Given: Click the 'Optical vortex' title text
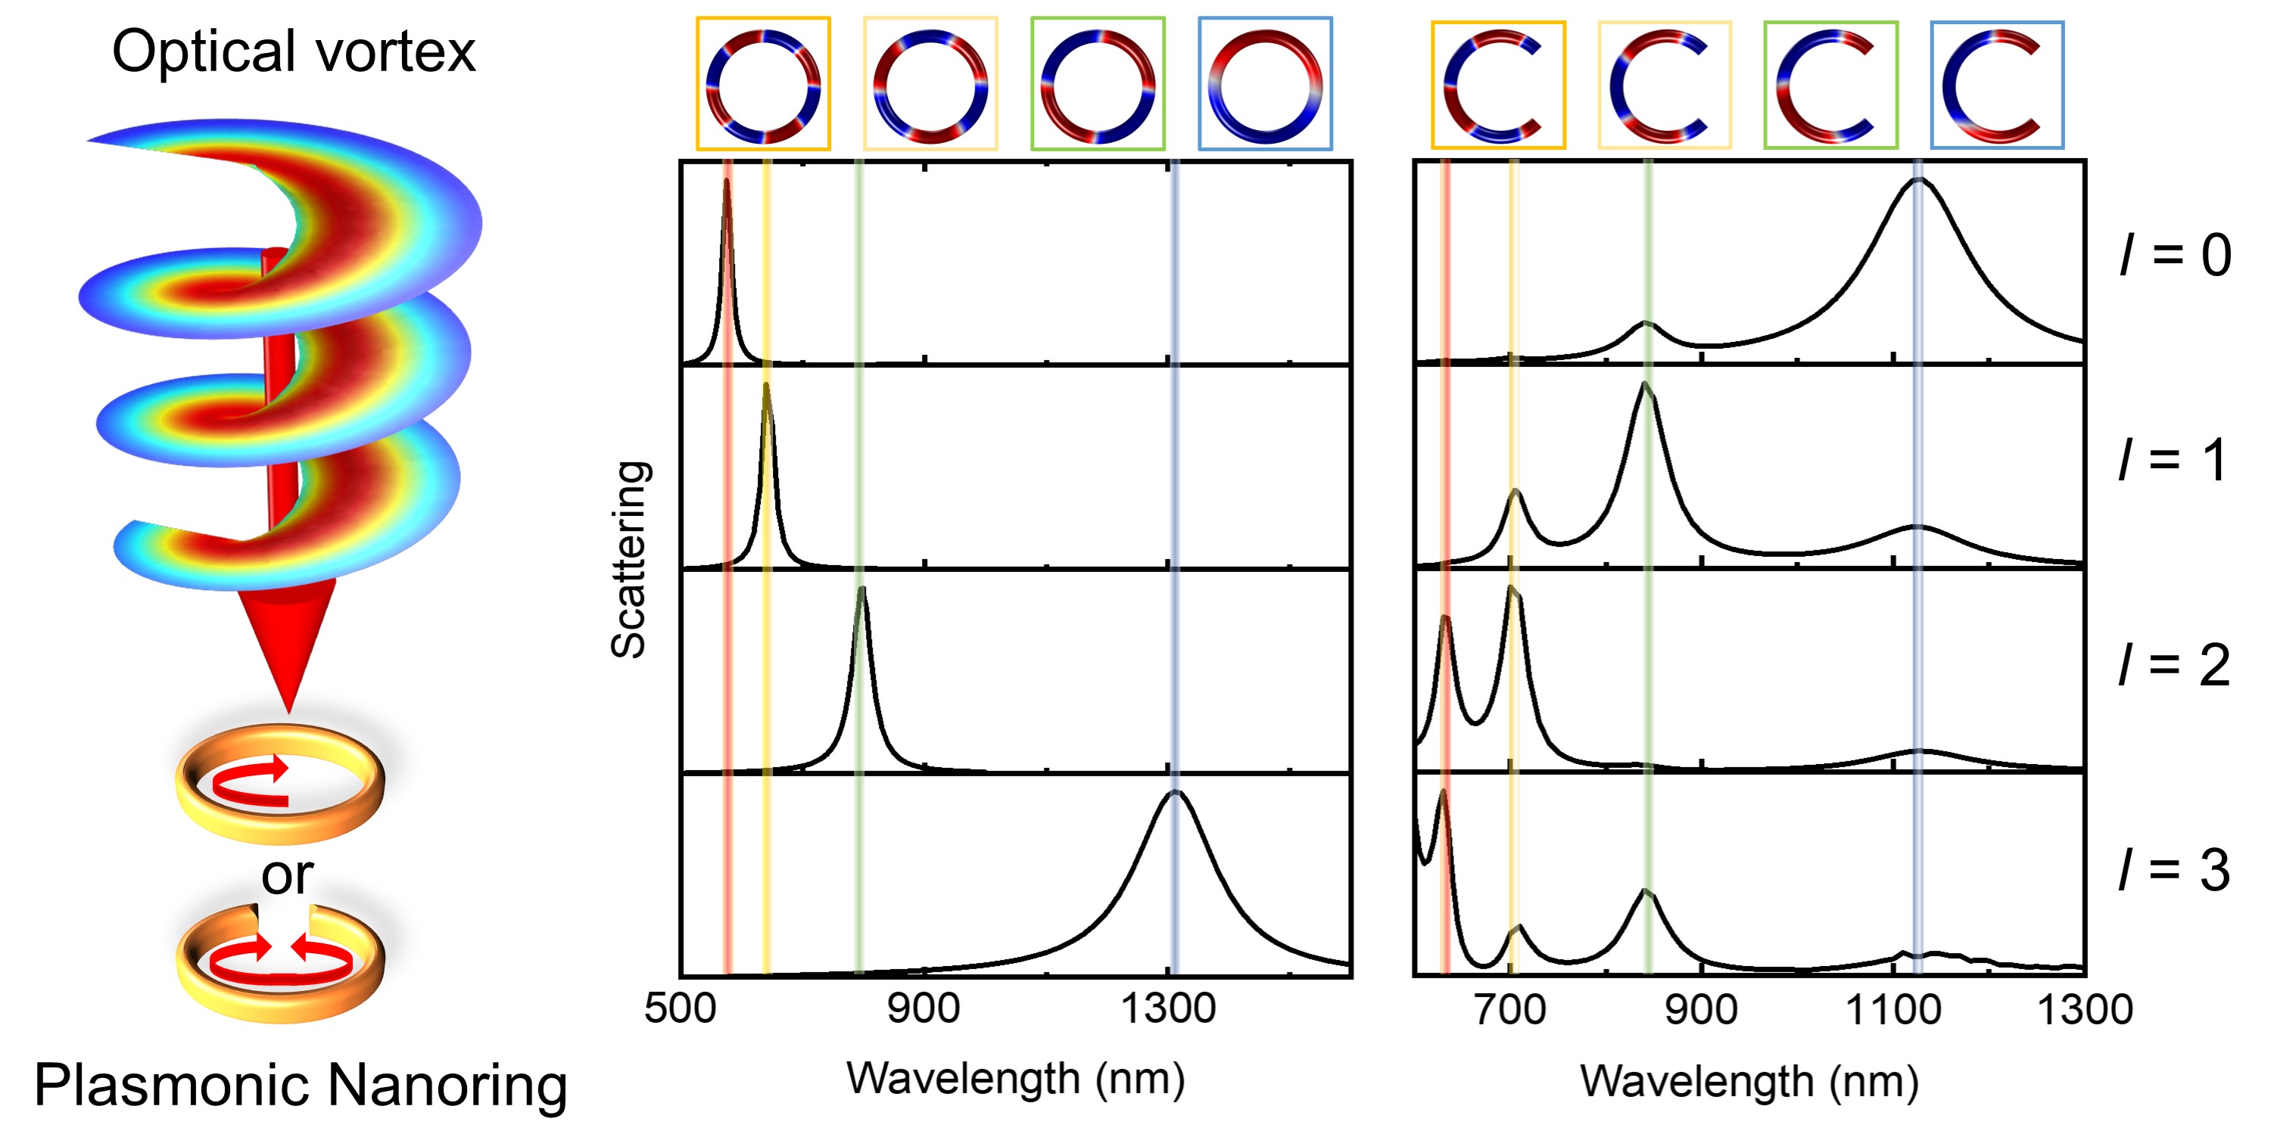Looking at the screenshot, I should tap(294, 51).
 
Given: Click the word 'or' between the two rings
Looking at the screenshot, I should tap(286, 875).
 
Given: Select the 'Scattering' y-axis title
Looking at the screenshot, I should tap(630, 560).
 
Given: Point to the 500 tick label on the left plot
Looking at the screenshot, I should tap(680, 1008).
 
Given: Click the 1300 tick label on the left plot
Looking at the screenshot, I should tap(1168, 1008).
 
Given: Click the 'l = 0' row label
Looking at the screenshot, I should tap(2175, 256).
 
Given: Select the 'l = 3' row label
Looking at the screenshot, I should tap(2175, 870).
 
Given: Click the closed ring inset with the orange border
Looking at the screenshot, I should tap(764, 85).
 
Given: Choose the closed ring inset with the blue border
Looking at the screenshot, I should tap(1265, 85).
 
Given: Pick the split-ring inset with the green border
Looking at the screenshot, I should tap(1830, 85).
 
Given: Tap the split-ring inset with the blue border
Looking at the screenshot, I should tap(1997, 85).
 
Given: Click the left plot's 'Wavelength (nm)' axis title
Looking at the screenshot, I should tap(1016, 1079).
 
